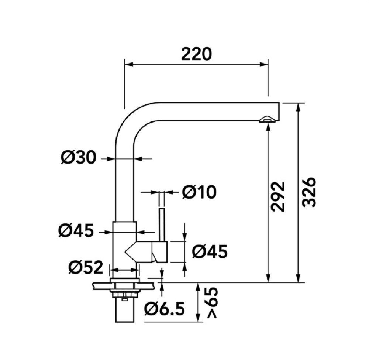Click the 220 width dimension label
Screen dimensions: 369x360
[x=197, y=54]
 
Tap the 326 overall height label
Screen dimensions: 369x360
[x=308, y=192]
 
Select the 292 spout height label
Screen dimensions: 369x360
[x=278, y=196]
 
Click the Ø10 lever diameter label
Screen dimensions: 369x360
[x=199, y=192]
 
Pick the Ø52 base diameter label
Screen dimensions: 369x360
[x=86, y=267]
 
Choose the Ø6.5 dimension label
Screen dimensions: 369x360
[x=164, y=309]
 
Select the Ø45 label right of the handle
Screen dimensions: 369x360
[x=210, y=251]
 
